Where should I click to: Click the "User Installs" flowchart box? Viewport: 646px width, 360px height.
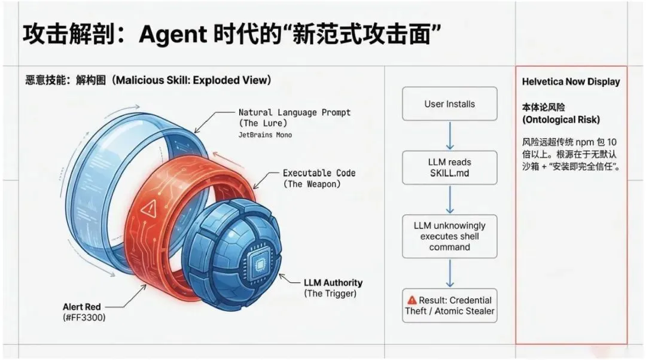tap(449, 104)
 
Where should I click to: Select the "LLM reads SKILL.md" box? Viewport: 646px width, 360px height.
tap(449, 167)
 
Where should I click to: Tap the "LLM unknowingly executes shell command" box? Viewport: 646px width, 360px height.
tap(449, 236)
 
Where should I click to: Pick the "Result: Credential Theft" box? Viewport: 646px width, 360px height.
tap(449, 306)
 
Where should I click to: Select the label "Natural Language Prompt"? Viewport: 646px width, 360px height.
tap(294, 112)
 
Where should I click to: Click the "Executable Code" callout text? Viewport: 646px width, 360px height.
tap(319, 173)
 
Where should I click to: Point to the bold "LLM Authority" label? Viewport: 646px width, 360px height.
tap(333, 282)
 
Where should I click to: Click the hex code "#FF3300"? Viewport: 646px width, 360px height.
tap(84, 318)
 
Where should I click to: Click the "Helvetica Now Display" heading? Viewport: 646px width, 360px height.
tap(571, 82)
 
